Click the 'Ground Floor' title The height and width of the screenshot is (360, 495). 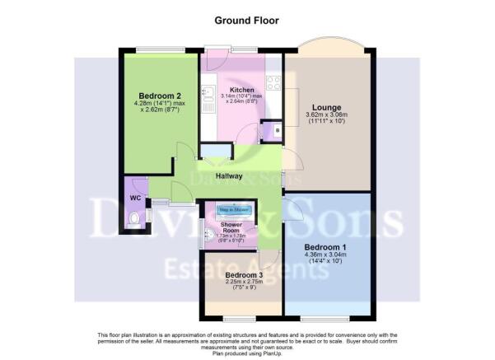pos(247,19)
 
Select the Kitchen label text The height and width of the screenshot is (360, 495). pos(241,90)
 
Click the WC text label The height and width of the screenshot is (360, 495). pos(135,198)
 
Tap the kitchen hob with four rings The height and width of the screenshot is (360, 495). pos(273,82)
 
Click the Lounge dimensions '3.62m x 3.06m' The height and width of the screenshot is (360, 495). pos(329,115)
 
